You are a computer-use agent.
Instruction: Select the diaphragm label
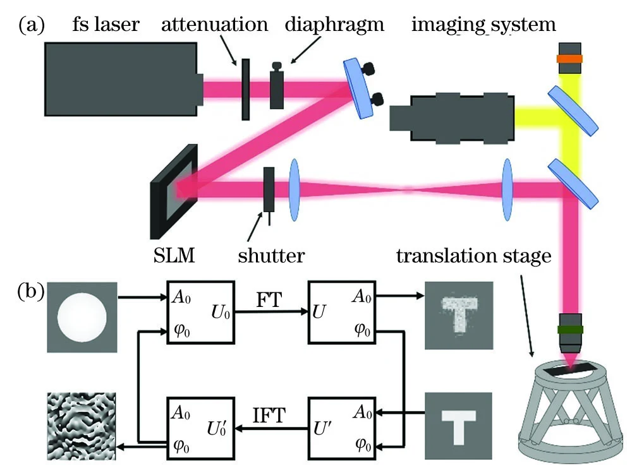[325, 25]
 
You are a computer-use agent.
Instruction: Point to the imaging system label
[483, 25]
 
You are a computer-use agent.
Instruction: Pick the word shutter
[272, 255]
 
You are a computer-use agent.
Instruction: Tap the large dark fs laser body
[120, 78]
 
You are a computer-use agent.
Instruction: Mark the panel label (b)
[31, 292]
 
